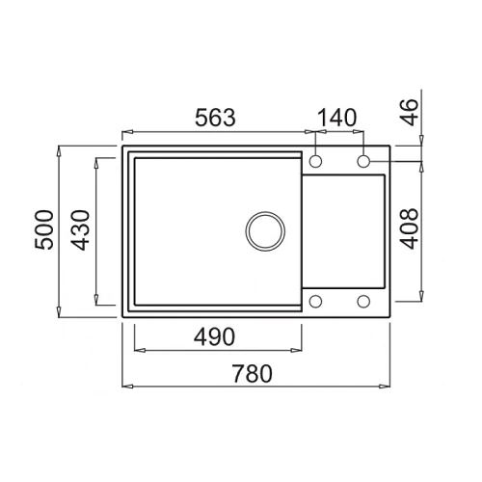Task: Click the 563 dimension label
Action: (x=215, y=118)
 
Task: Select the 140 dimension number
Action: (x=337, y=118)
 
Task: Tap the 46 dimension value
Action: (x=410, y=112)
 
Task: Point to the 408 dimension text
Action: (x=410, y=228)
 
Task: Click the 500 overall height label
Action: (x=44, y=229)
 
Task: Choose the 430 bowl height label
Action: (x=80, y=229)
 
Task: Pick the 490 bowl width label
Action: (x=214, y=337)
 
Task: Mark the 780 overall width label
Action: (x=253, y=374)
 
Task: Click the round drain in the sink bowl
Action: (x=265, y=231)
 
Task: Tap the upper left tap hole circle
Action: (x=315, y=161)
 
